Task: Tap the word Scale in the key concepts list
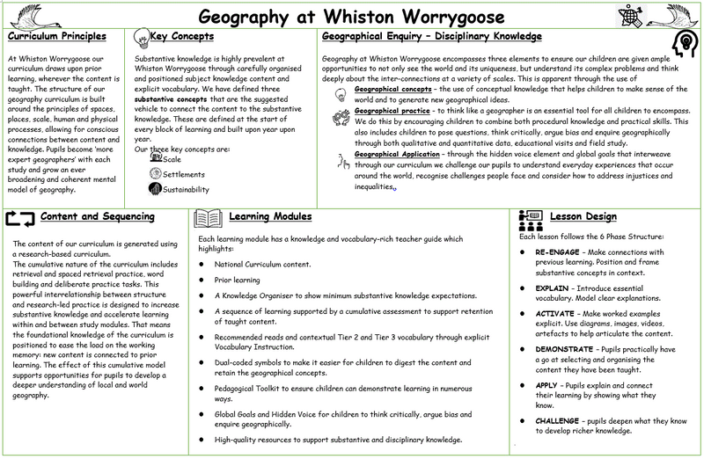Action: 172,159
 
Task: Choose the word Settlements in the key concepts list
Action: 185,174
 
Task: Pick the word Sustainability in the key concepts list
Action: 187,189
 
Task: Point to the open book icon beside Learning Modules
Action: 207,217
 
